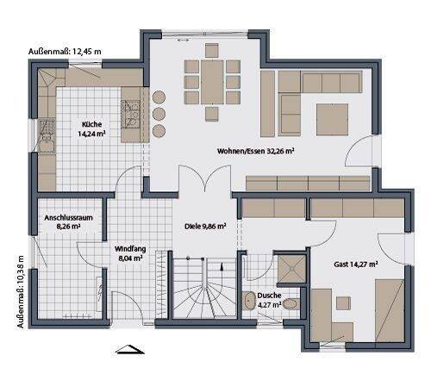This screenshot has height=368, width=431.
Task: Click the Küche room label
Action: [92, 123]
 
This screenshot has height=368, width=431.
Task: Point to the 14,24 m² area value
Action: [92, 134]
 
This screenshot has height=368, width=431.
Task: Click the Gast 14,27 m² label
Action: [353, 265]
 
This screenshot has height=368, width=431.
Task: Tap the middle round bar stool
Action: [161, 113]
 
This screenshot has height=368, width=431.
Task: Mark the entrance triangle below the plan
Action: [128, 349]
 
